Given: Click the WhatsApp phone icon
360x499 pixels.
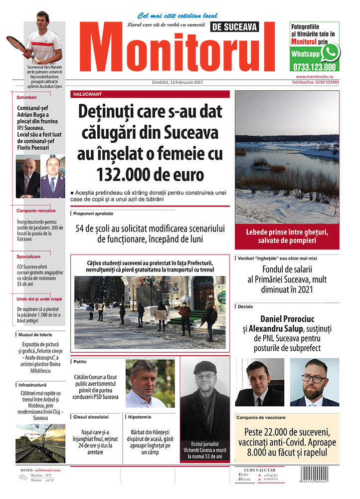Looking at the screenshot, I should click(330, 52).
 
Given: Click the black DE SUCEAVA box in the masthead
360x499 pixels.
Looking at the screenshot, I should click(235, 27).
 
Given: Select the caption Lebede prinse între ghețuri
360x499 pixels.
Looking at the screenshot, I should click(287, 233).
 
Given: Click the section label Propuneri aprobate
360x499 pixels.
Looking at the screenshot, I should click(93, 213).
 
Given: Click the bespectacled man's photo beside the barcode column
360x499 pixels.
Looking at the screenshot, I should click(315, 382).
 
